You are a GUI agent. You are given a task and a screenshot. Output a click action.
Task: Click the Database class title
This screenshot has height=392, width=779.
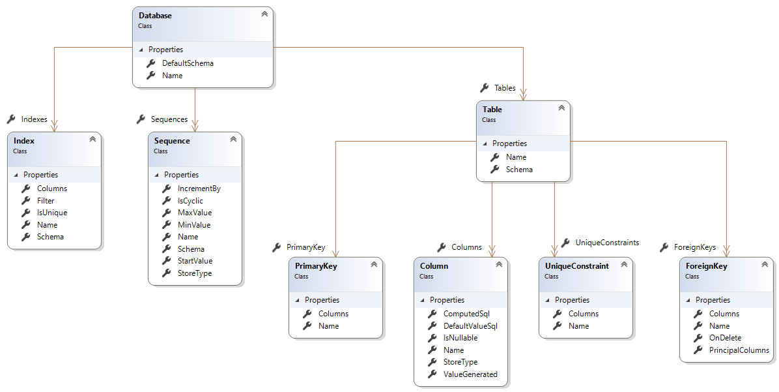(x=155, y=15)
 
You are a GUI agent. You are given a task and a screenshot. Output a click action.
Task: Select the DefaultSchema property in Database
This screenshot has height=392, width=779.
(x=188, y=63)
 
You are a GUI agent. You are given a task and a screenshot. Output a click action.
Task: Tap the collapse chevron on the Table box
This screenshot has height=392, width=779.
(x=561, y=108)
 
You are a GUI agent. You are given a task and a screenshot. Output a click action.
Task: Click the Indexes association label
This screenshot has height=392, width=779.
(x=34, y=119)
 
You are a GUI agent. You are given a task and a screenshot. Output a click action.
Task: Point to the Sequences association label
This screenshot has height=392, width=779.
(x=169, y=119)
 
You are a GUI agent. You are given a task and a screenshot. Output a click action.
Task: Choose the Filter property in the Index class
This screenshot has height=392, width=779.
(x=46, y=201)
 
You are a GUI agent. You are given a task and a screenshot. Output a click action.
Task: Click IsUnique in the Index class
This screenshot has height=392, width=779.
(x=51, y=213)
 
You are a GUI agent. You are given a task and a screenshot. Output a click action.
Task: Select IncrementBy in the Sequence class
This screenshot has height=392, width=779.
(x=199, y=188)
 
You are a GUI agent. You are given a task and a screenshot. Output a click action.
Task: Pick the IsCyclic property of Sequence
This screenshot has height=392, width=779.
(x=190, y=201)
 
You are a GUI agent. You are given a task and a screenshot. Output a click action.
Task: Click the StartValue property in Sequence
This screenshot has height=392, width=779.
(x=195, y=261)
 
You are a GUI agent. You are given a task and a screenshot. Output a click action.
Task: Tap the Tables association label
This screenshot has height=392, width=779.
(x=505, y=88)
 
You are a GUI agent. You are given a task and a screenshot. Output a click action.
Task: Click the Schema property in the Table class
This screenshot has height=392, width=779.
(x=519, y=170)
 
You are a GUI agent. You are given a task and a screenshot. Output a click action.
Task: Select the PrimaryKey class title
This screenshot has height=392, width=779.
(x=316, y=266)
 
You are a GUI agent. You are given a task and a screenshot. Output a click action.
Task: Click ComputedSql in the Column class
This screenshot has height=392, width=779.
(x=466, y=314)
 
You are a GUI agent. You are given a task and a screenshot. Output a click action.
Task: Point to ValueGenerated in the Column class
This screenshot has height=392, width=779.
(x=470, y=374)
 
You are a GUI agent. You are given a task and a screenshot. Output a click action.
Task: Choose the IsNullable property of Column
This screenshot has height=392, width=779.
(x=460, y=338)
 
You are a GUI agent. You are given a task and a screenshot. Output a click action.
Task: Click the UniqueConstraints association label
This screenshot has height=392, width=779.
(x=607, y=243)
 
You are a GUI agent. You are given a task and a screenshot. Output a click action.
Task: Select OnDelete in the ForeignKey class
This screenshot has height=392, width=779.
(x=724, y=338)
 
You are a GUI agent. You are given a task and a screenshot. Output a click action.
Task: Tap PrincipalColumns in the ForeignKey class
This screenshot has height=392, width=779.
(x=739, y=350)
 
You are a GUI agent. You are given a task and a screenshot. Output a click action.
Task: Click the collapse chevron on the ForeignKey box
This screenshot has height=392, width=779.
(x=765, y=264)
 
